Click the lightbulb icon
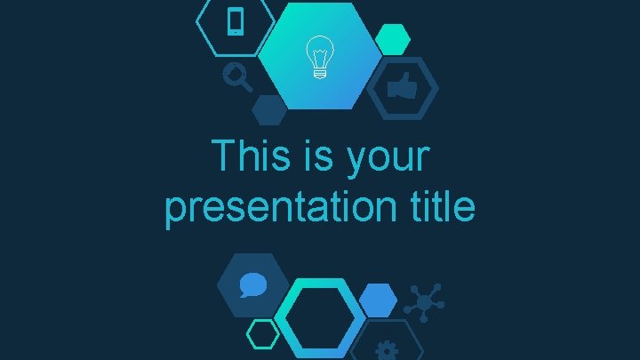coord(317,59)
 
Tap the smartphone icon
coord(236,21)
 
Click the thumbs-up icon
coord(403,88)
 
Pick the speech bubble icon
coord(253,284)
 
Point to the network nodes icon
coord(426,302)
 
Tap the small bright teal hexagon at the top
coord(392,39)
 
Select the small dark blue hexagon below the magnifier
coord(268,109)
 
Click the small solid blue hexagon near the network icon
coord(379,300)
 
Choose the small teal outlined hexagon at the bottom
coord(262,334)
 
